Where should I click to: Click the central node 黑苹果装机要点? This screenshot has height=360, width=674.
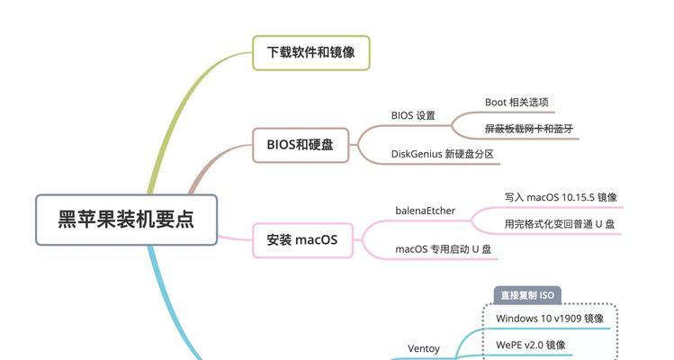126,220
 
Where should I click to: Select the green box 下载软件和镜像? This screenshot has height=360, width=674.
310,53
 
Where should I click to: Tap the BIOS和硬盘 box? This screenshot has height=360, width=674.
300,145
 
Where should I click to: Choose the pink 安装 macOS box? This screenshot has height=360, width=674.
302,240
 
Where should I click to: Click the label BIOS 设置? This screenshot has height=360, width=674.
413,115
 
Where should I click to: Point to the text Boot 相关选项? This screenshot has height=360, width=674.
517,103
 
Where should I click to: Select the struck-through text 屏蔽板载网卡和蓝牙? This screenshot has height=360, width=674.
529,129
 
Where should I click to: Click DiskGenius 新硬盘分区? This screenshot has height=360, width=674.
443,154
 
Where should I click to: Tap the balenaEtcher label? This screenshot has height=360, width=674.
425,211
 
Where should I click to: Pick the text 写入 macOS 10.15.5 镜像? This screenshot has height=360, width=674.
561,197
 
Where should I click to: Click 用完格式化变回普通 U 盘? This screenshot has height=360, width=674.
560,224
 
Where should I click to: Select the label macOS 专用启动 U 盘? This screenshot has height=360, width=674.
443,249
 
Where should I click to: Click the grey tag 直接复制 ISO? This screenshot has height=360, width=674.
527,295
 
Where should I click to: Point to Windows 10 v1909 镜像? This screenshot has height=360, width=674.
550,319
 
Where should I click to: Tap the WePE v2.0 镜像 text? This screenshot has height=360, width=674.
531,345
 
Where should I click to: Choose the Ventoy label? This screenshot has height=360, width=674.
424,349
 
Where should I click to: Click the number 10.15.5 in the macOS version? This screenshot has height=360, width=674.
578,197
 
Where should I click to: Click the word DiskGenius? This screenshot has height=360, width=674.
416,155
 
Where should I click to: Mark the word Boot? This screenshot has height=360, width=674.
496,103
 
